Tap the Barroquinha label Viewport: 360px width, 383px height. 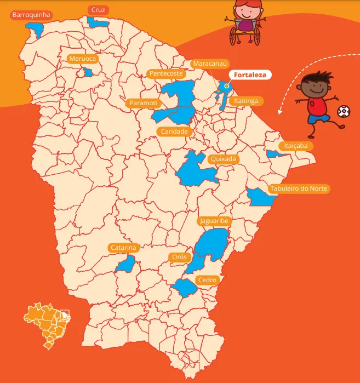click(31, 15)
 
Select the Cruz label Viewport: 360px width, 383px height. click(98, 10)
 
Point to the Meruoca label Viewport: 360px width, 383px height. click(82, 59)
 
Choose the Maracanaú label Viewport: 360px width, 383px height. click(209, 64)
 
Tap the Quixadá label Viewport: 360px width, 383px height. click(223, 159)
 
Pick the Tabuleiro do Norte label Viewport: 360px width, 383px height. click(299, 188)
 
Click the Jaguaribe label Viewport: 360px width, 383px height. click(214, 221)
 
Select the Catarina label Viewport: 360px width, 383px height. click(123, 248)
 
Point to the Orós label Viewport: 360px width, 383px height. click(179, 257)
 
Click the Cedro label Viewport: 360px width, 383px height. click(208, 280)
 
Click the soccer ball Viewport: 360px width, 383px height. click(342, 112)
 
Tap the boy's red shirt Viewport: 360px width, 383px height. click(317, 105)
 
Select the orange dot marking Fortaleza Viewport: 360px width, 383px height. click(226, 85)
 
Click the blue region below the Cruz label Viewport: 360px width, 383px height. click(98, 22)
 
